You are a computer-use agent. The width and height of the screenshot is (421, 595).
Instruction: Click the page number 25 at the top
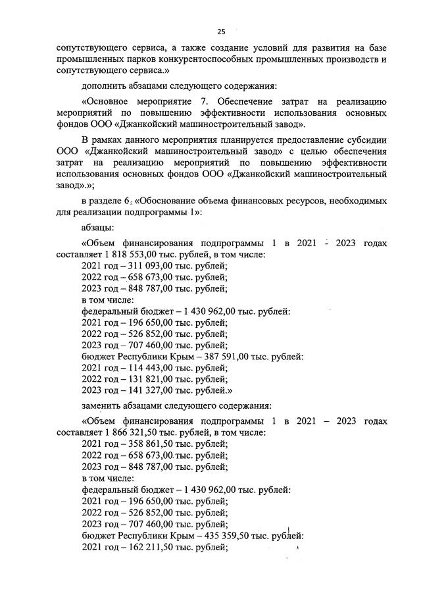221,31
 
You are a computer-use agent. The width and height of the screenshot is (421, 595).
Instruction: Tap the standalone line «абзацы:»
98,227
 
